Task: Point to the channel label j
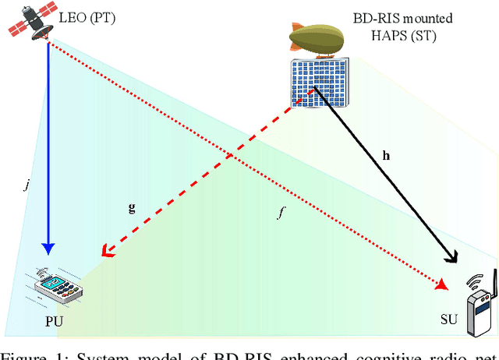(29, 185)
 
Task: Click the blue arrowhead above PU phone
(48, 249)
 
